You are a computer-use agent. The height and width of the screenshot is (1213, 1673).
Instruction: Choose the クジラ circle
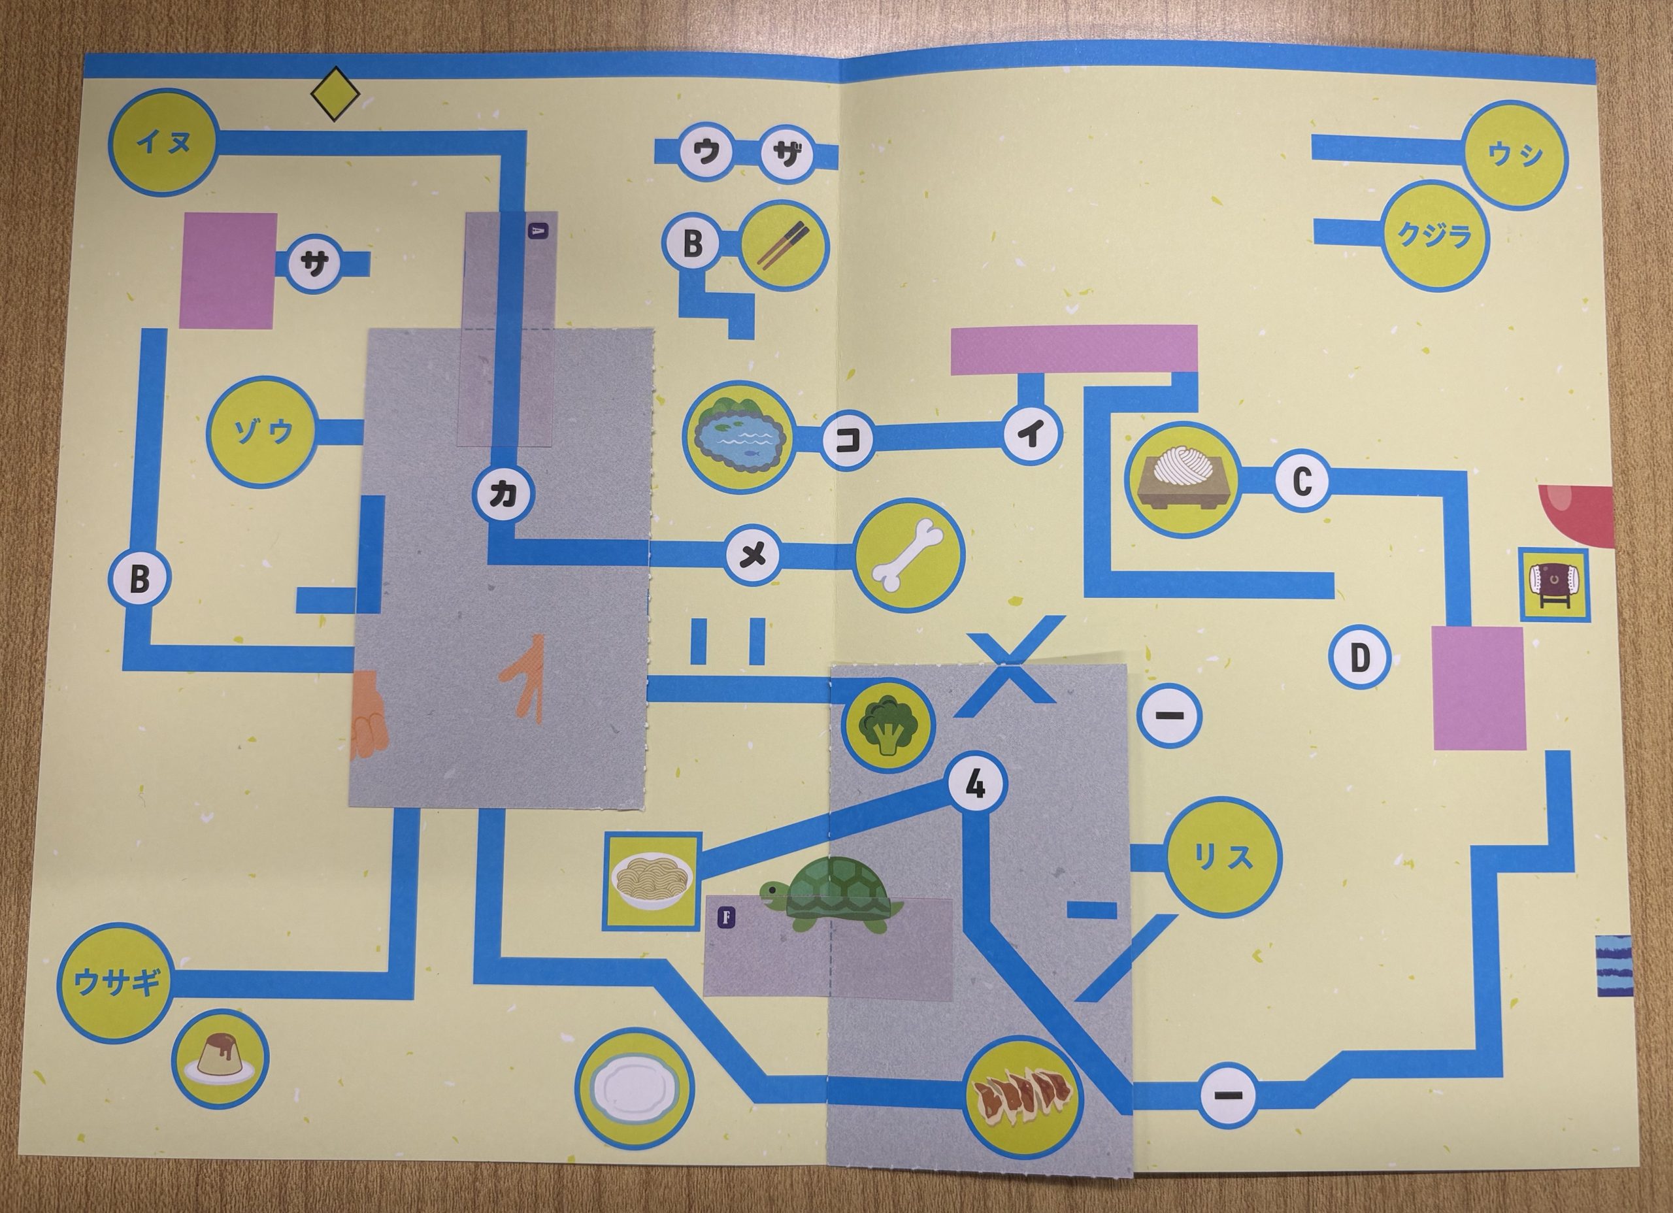click(1434, 236)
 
